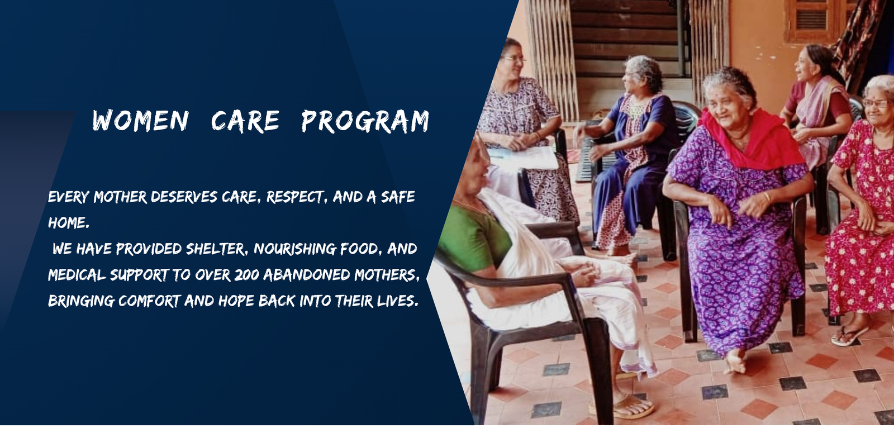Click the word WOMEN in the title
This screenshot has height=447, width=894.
(140, 121)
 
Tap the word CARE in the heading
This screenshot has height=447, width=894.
(245, 121)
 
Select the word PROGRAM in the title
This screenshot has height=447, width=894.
(365, 121)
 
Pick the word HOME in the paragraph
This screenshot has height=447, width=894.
(69, 223)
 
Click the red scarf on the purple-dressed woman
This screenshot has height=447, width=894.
(750, 137)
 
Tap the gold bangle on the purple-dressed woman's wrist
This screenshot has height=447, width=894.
(767, 197)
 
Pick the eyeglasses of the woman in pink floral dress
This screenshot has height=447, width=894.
(876, 103)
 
